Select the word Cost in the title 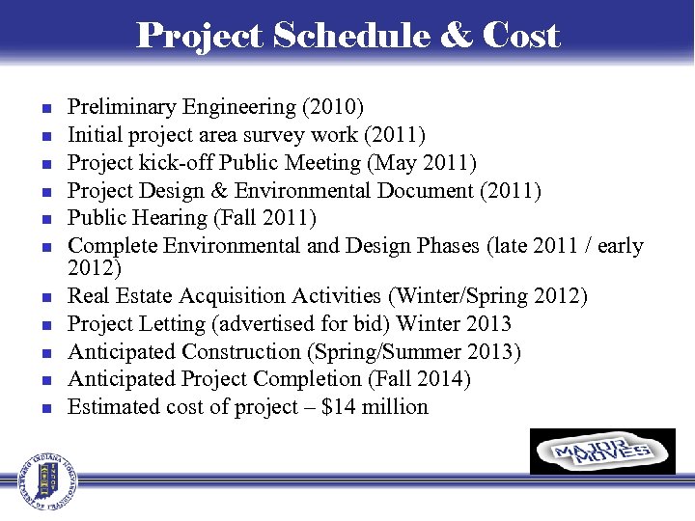pos(520,36)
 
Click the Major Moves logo pos(602,452)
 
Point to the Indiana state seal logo pos(42,480)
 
